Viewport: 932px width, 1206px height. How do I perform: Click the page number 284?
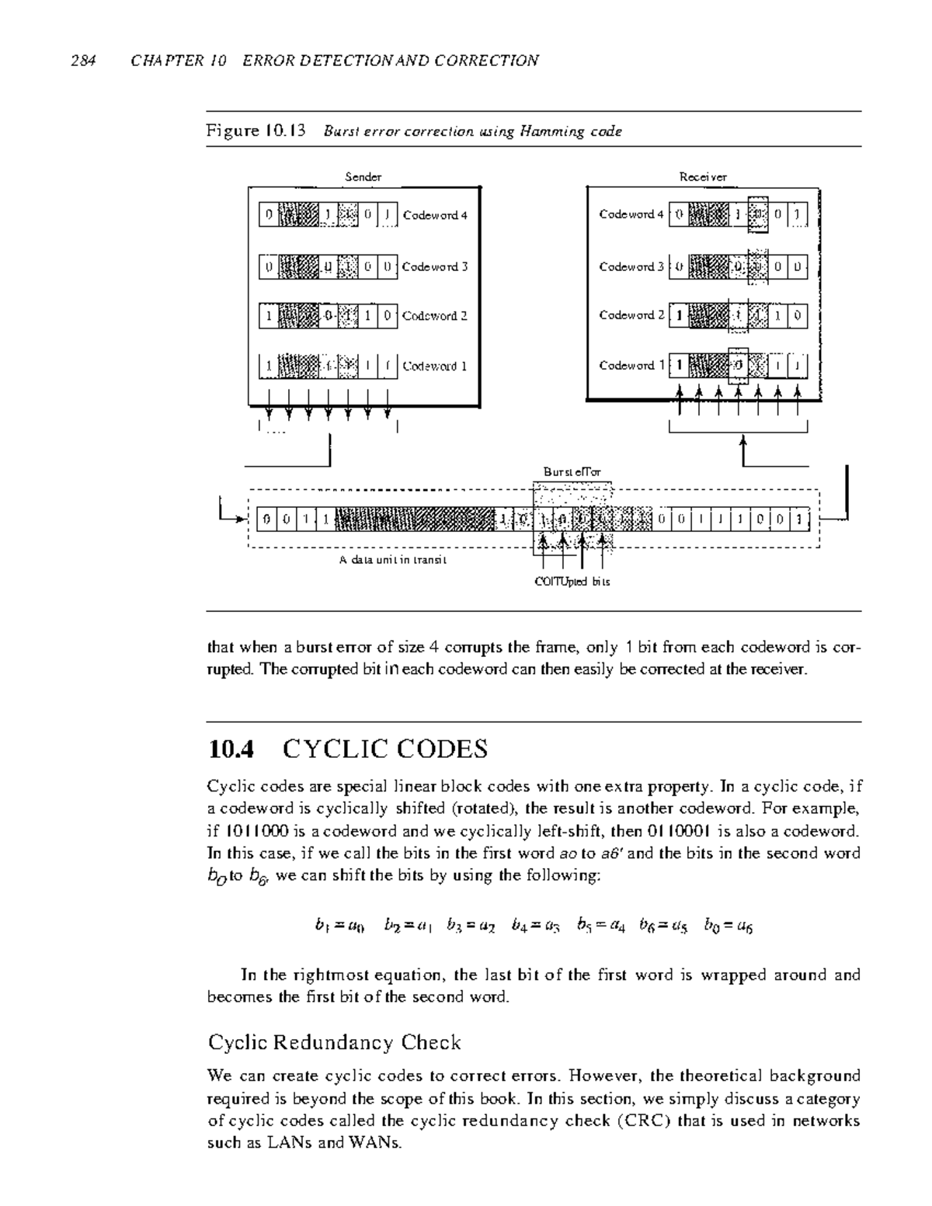click(x=82, y=61)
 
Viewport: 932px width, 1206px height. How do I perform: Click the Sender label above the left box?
click(x=363, y=177)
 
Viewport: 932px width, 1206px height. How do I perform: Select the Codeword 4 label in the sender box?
click(x=435, y=215)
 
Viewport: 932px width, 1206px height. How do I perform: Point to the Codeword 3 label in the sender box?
click(x=435, y=266)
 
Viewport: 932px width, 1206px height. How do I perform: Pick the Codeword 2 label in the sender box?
click(x=435, y=316)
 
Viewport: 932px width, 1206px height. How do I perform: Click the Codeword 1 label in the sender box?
click(x=435, y=366)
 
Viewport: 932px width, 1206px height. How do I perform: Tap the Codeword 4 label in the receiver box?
click(x=631, y=214)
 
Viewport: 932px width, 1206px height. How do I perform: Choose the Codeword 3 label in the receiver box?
click(x=631, y=266)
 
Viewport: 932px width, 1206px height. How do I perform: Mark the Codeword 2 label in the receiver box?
click(x=631, y=315)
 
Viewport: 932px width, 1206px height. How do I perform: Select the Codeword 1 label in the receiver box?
click(x=631, y=365)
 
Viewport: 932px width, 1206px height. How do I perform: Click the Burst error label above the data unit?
click(x=572, y=471)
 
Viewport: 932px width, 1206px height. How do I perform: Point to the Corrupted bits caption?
click(x=572, y=582)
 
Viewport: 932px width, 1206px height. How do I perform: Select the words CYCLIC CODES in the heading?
click(x=385, y=749)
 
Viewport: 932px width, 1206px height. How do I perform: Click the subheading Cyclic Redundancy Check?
click(x=335, y=1042)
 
